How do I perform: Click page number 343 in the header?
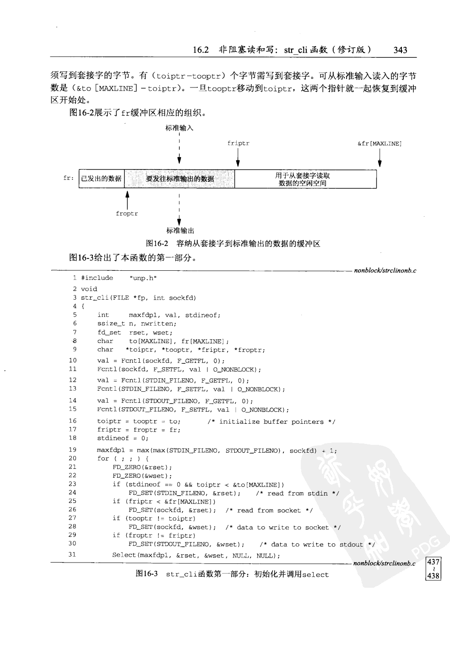pyautogui.click(x=400, y=50)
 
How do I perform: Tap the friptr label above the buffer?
pyautogui.click(x=238, y=143)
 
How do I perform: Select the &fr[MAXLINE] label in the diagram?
pyautogui.click(x=380, y=143)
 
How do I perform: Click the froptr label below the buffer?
pyautogui.click(x=127, y=213)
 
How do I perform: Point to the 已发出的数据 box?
pyautogui.click(x=101, y=179)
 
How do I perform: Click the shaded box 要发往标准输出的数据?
pyautogui.click(x=179, y=179)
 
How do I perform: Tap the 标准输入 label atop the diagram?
pyautogui.click(x=179, y=128)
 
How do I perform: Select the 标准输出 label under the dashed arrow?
pyautogui.click(x=180, y=230)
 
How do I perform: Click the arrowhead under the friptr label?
pyautogui.click(x=238, y=164)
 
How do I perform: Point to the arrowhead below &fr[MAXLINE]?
pyautogui.click(x=380, y=164)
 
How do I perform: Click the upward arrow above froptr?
pyautogui.click(x=127, y=195)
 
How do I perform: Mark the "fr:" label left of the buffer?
pyautogui.click(x=69, y=178)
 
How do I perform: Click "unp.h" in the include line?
pyautogui.click(x=143, y=278)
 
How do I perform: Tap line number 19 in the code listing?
pyautogui.click(x=72, y=450)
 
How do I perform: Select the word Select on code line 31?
pyautogui.click(x=124, y=555)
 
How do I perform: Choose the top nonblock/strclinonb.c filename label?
pyautogui.click(x=385, y=270)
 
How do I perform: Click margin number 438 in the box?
pyautogui.click(x=433, y=576)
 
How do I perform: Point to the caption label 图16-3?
pyautogui.click(x=147, y=574)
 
